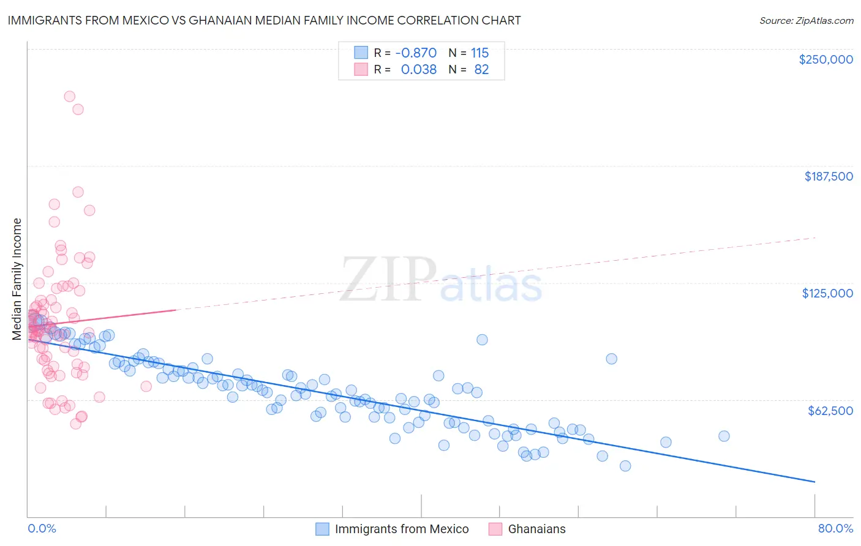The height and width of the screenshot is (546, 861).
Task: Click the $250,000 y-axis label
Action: point(825,59)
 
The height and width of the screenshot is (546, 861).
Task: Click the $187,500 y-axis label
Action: point(828,176)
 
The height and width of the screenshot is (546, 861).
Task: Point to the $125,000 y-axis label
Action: point(827,293)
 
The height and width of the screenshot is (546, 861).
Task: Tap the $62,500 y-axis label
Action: point(830,411)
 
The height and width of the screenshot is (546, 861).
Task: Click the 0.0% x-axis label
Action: point(42,528)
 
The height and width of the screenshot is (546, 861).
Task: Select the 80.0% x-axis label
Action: point(835,528)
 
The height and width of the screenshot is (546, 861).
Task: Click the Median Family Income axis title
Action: point(17,279)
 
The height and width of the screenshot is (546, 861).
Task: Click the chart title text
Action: point(264,20)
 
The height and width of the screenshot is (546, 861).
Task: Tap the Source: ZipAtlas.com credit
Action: point(806,21)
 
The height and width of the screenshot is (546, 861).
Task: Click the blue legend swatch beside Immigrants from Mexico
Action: point(322,529)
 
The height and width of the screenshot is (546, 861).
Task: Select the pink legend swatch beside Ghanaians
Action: point(495,529)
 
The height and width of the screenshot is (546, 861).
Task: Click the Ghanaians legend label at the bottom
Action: point(536,529)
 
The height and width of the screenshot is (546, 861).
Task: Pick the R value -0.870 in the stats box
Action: point(416,53)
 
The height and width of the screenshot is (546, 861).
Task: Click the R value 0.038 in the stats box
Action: point(418,70)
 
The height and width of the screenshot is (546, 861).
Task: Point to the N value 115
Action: point(479,53)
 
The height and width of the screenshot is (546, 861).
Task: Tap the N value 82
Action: point(481,70)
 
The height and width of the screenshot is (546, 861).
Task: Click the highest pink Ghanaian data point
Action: point(70,97)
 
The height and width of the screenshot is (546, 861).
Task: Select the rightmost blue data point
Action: point(724,436)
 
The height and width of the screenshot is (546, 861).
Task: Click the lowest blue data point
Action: point(625,466)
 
